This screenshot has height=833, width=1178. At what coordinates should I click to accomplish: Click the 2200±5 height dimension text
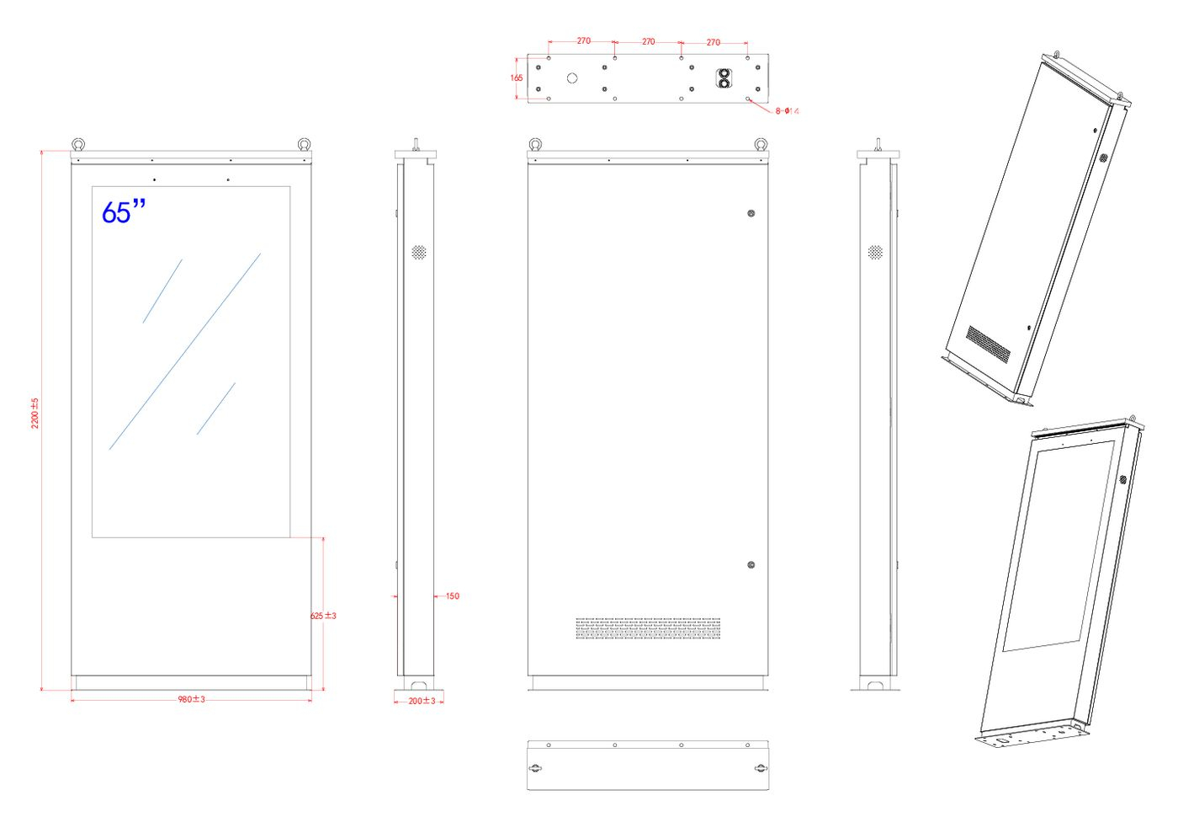(x=34, y=414)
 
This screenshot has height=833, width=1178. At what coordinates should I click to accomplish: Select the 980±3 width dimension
(x=192, y=699)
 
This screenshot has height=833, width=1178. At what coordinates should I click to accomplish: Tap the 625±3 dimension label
(x=323, y=616)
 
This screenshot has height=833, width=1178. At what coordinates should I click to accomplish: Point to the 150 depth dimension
(x=453, y=596)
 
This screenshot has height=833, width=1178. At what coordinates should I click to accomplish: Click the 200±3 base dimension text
(x=422, y=701)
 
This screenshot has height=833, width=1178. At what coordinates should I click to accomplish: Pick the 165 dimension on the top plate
(x=517, y=78)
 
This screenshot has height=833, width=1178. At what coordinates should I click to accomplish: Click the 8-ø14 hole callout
(x=788, y=111)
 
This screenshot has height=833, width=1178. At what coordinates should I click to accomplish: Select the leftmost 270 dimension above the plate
(x=584, y=40)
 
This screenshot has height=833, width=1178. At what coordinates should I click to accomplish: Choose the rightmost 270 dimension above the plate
(x=714, y=42)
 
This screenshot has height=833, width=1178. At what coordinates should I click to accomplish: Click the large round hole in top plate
(x=572, y=78)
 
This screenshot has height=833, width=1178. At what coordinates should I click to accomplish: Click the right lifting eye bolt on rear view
(x=761, y=144)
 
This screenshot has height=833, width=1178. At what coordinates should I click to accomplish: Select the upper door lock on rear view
(x=751, y=213)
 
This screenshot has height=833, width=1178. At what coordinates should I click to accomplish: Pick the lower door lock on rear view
(x=751, y=565)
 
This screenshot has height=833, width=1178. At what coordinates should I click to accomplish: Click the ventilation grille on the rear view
(x=648, y=628)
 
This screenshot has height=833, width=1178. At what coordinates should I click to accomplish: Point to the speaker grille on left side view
(x=419, y=252)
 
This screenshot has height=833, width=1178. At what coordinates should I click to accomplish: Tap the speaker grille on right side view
(x=875, y=252)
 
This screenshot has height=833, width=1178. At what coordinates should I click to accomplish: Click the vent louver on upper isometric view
(x=989, y=344)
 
